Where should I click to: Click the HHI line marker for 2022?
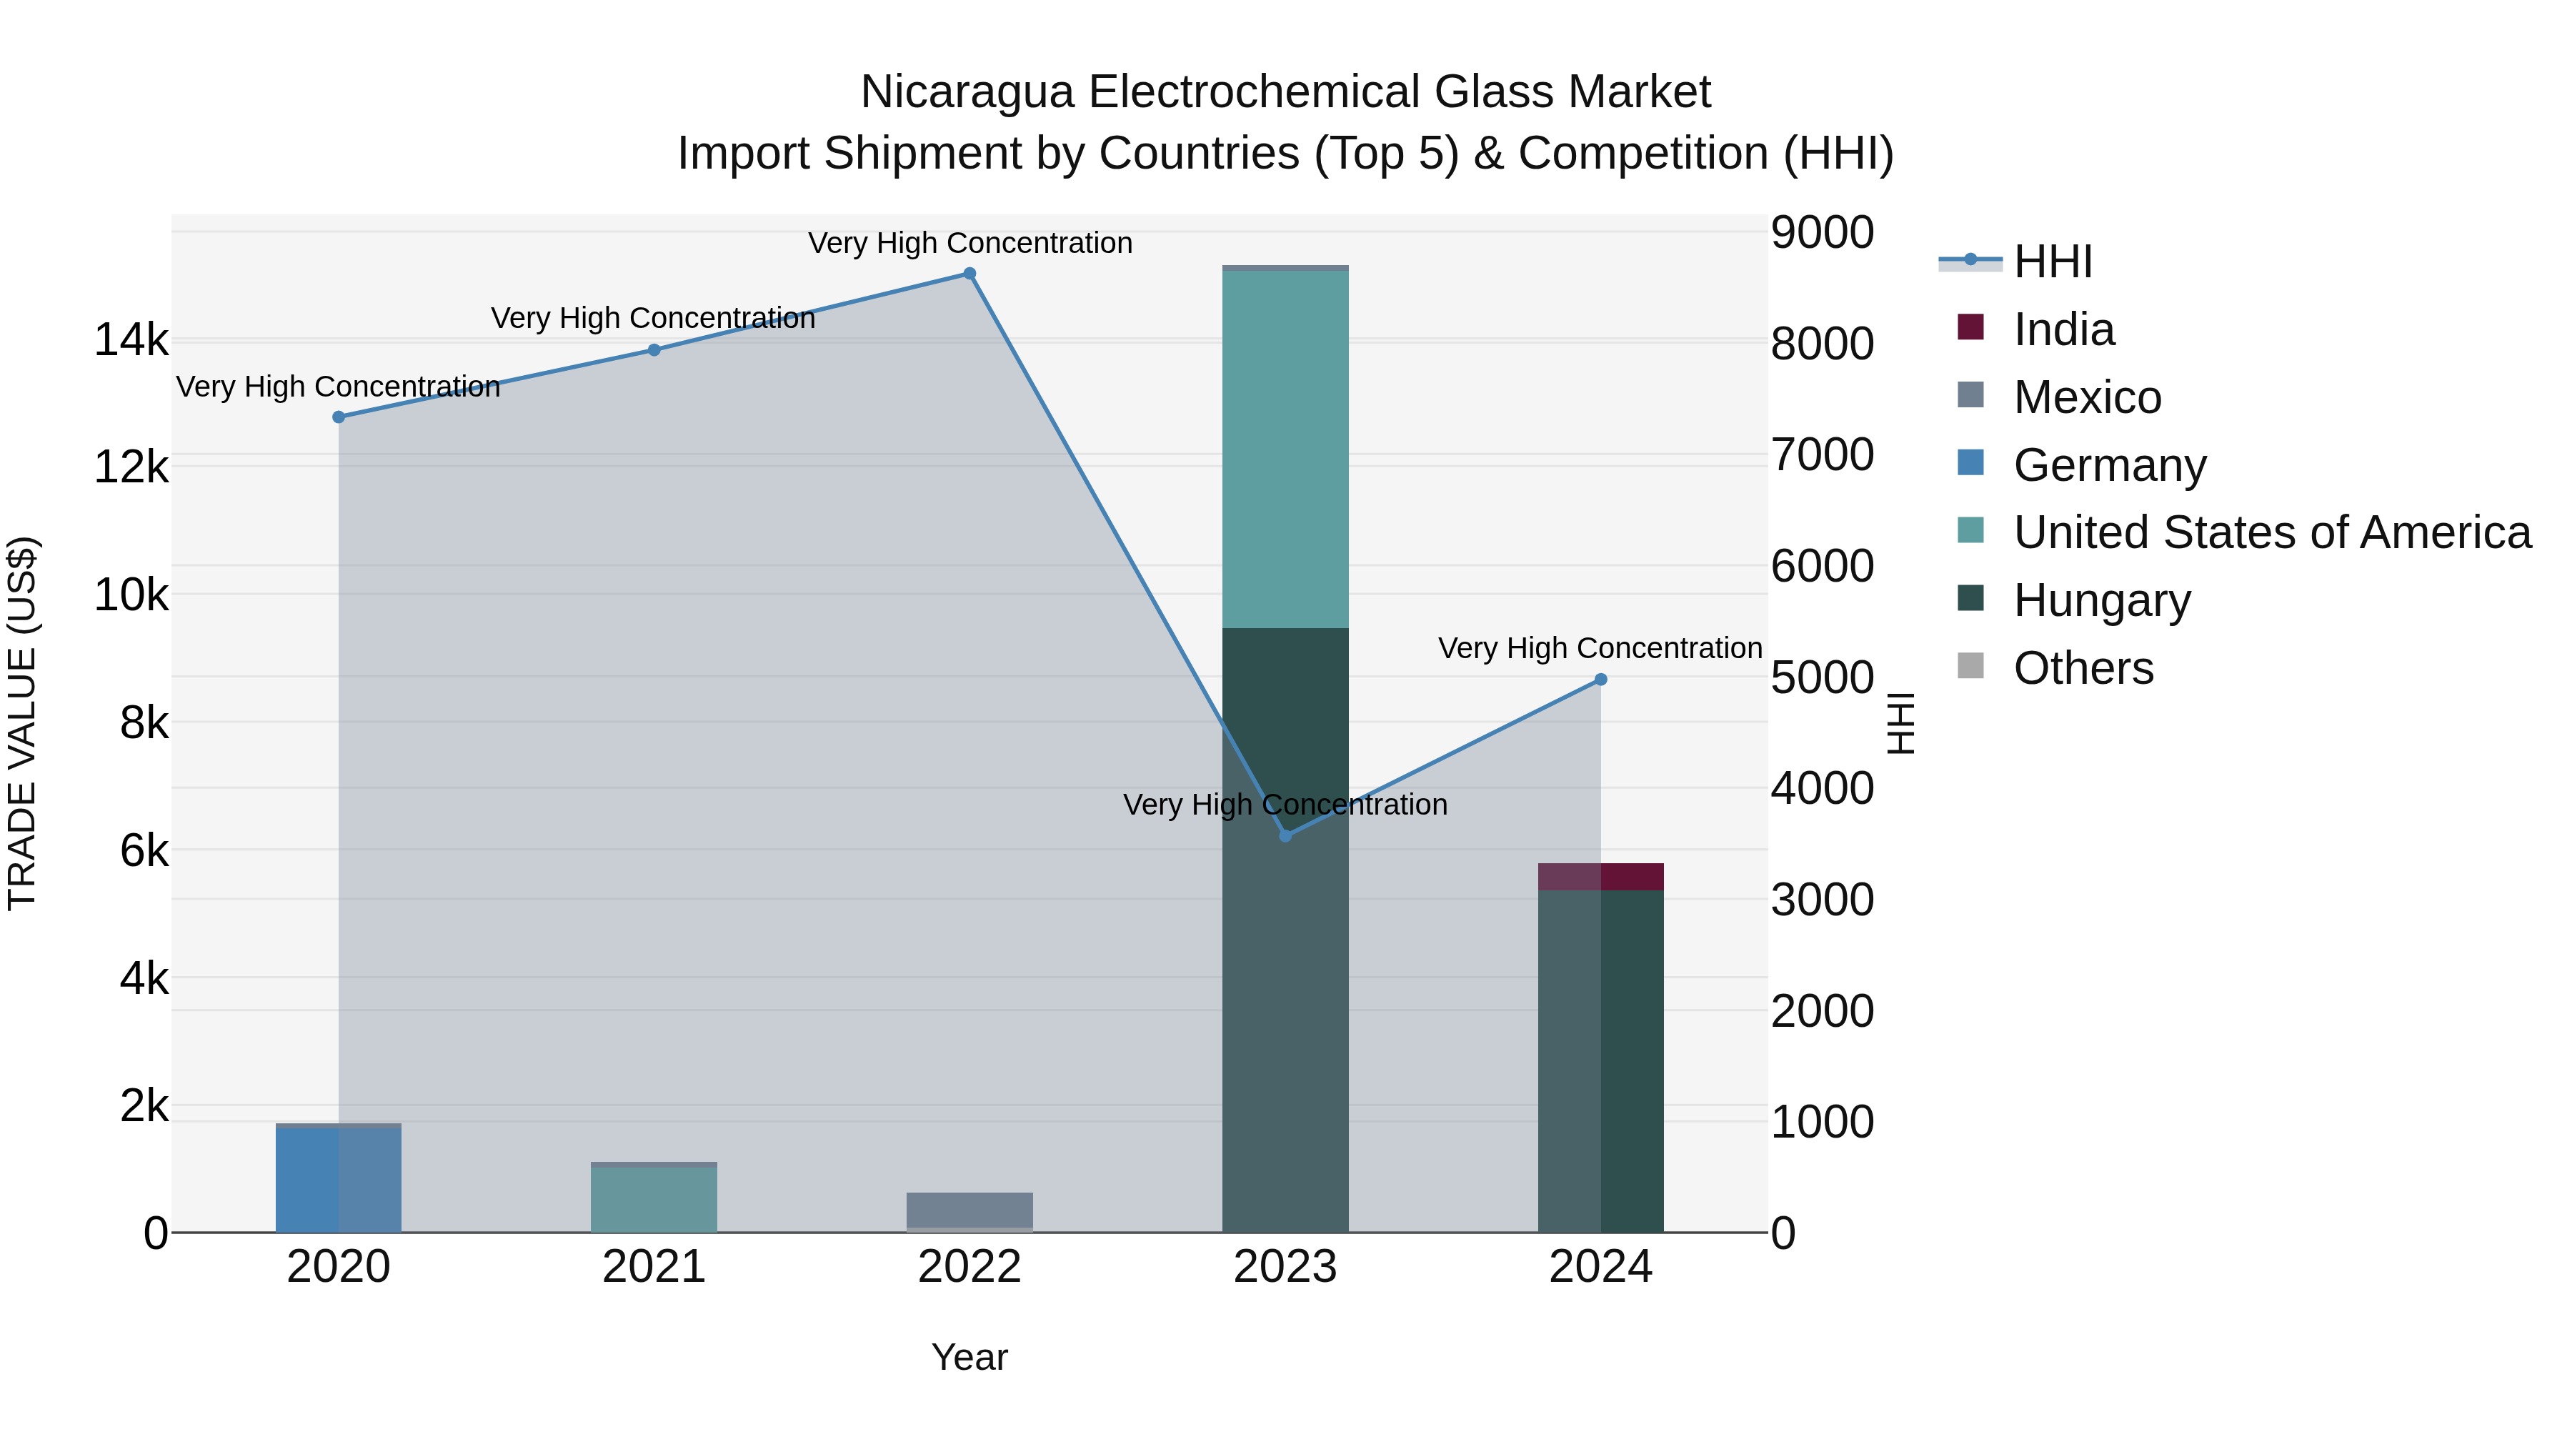coord(969,274)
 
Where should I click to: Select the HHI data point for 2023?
coord(1285,836)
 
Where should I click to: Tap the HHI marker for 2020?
coord(339,417)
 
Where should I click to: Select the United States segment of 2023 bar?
coord(1285,449)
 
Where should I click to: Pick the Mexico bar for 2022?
coord(969,1209)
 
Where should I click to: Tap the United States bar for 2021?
coord(654,1199)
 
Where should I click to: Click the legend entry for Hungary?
coord(2102,600)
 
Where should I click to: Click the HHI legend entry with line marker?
coord(2052,262)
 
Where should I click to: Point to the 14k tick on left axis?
coord(131,341)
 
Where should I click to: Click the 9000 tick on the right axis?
coord(1822,233)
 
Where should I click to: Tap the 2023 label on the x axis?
coord(1285,1267)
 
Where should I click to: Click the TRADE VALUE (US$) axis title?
coord(22,723)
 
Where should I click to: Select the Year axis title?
coord(969,1357)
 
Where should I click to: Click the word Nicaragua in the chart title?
coord(967,92)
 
